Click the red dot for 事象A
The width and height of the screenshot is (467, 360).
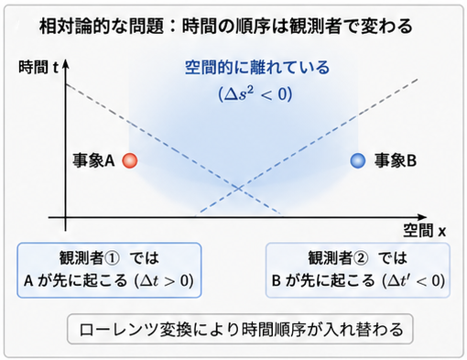130,160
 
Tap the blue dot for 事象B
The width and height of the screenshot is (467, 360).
358,160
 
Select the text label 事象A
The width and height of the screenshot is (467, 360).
93,160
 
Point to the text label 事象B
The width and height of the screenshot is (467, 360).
396,160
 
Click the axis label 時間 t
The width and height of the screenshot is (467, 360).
38,67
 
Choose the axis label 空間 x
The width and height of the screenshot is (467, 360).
425,231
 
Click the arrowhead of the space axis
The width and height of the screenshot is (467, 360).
422,217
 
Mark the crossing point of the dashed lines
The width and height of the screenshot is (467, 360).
239,189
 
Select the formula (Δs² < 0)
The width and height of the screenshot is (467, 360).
255,93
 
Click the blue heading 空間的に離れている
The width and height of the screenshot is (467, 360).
257,68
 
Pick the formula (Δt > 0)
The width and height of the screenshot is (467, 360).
164,280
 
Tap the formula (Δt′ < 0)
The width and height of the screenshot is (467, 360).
414,280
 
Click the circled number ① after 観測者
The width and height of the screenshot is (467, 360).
112,258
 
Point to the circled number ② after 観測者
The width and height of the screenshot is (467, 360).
361,258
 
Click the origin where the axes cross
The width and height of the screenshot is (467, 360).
66,217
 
